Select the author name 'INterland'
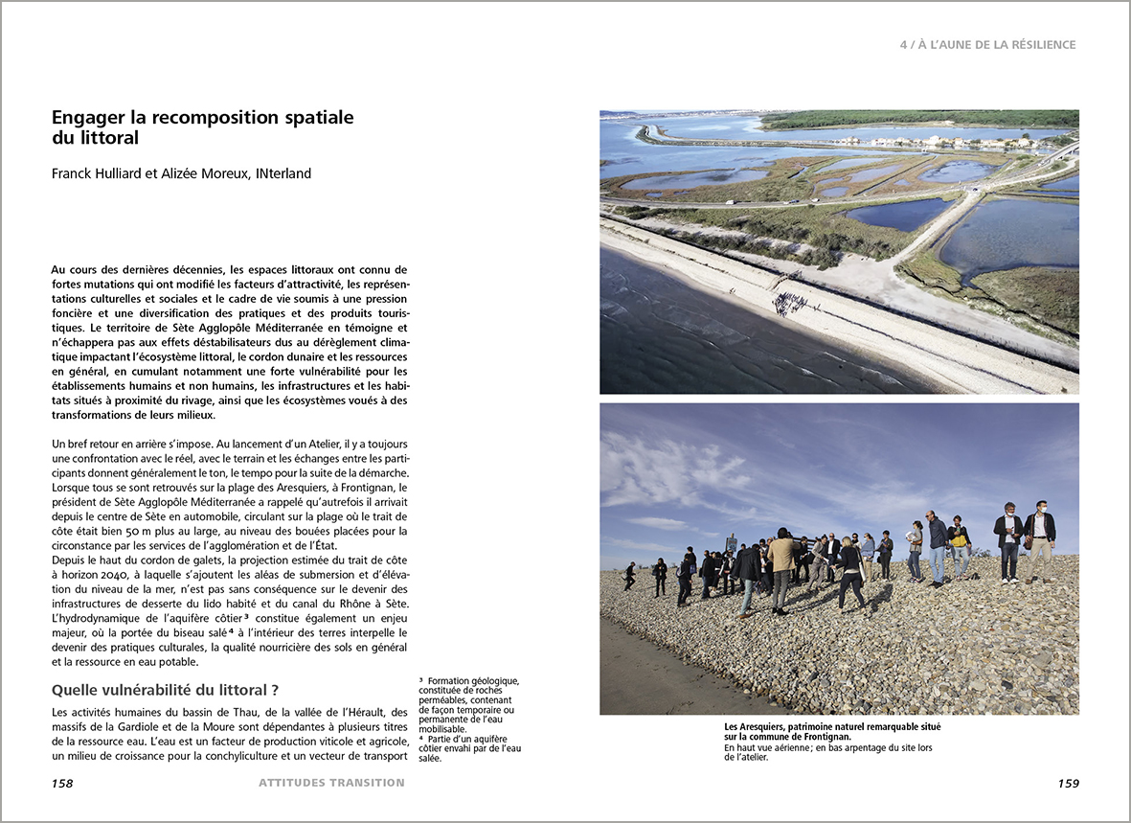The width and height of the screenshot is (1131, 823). pos(283,173)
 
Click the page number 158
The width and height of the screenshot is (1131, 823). pos(62,783)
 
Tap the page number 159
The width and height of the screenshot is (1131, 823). pos(1068,783)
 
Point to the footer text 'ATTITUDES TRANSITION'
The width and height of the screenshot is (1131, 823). pos(331,783)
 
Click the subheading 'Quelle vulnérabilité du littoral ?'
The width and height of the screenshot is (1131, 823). pos(165,690)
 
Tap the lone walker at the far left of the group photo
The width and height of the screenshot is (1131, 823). pos(629,575)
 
